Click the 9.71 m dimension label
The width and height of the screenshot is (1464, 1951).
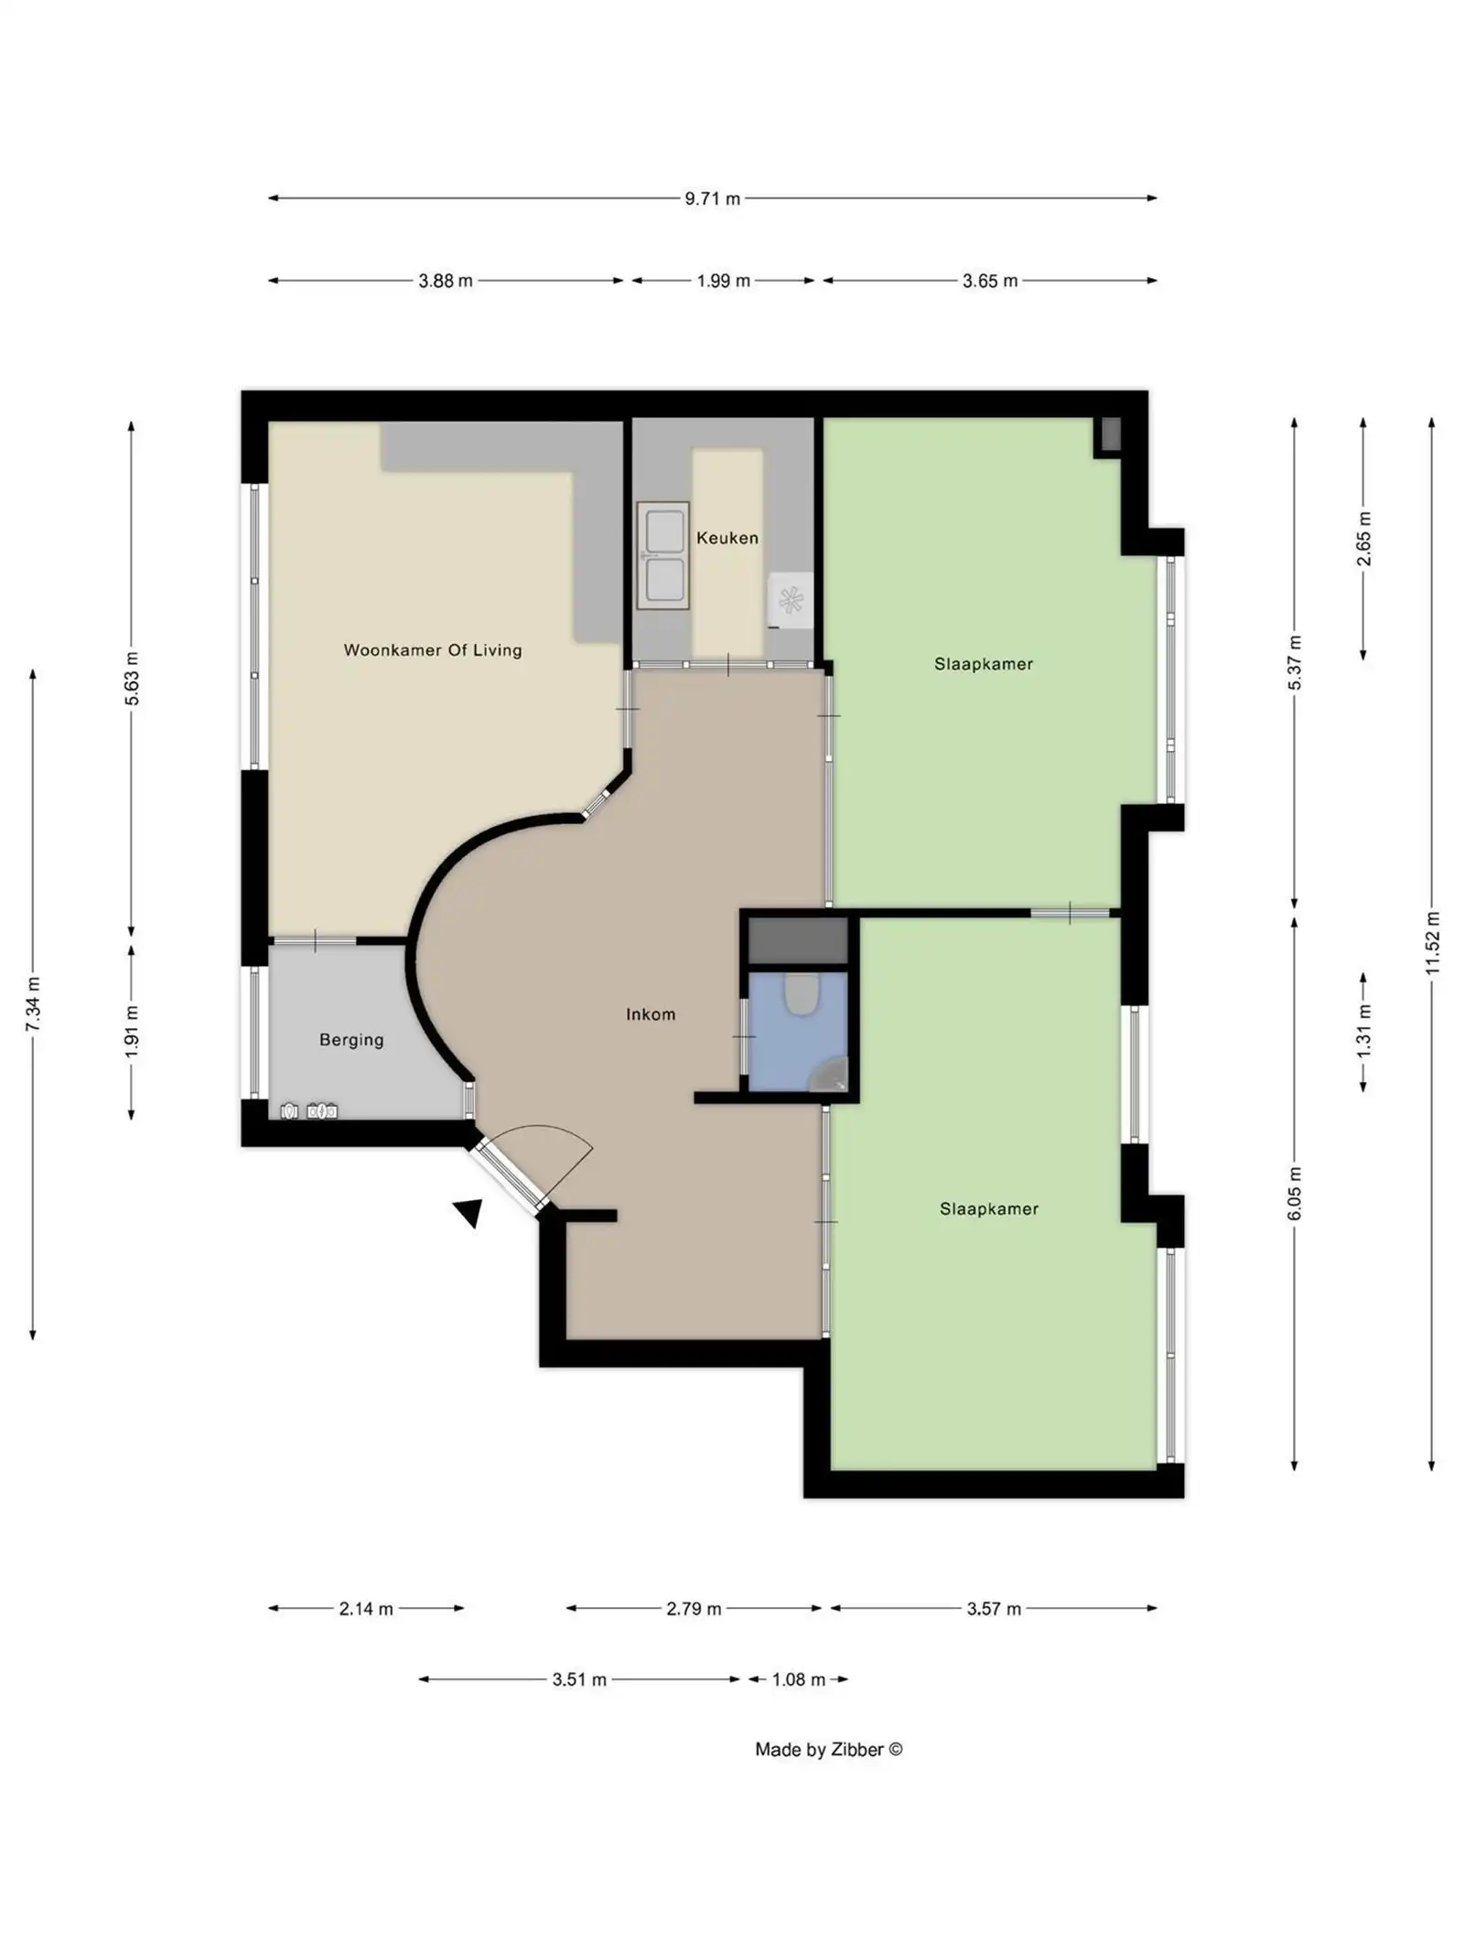coord(712,198)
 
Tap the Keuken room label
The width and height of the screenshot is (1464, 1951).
coord(727,538)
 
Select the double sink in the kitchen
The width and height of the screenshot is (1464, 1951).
coord(664,555)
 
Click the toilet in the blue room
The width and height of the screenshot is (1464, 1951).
coord(802,993)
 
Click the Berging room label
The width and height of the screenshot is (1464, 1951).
coord(351,1040)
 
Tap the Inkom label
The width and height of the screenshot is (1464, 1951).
coord(651,1014)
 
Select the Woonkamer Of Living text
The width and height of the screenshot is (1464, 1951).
coord(433,650)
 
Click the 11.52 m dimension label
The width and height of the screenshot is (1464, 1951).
coord(1433,942)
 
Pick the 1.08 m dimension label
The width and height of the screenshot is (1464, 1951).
coord(798,1680)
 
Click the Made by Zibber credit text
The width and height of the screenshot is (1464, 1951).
coord(828,1750)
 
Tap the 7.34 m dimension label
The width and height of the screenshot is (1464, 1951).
coord(33,1004)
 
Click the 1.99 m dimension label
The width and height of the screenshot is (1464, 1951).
coord(723,281)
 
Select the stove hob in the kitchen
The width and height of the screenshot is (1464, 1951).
coord(790,601)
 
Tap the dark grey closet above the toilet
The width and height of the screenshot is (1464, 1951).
coord(799,940)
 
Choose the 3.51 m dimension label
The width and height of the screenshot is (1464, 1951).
coord(579,1680)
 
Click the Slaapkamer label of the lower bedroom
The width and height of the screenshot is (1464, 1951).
coord(989,1209)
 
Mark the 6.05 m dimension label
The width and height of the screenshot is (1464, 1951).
coord(1295,1193)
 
